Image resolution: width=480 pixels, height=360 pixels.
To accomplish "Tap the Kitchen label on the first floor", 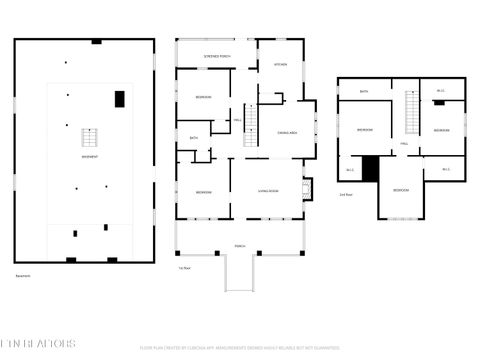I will coord(281,64).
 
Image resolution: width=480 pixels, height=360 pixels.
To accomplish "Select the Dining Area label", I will coord(286,132).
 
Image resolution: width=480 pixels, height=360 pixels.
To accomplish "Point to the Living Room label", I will coord(268,191).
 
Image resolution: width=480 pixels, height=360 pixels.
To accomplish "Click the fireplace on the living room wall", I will coord(307,187).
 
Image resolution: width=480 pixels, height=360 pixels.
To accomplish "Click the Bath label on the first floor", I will coord(193,137).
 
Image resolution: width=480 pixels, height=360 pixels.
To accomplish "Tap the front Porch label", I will coord(240,245).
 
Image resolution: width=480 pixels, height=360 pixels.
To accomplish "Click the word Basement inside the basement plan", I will coord(90,157).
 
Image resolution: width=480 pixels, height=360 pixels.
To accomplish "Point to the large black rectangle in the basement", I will coord(120,98).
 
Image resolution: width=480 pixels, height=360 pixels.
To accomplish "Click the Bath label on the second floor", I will coord(364,91).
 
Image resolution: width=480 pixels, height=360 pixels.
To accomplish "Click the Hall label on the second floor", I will coord(403,144).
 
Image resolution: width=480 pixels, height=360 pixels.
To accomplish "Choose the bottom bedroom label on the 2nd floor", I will coord(400,189).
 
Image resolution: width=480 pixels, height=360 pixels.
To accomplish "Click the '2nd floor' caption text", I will coord(345,194).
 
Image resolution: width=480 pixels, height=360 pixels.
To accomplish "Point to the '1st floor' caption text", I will coord(184,268).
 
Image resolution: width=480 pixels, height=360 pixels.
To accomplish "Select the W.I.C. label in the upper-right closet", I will coord(440,91).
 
